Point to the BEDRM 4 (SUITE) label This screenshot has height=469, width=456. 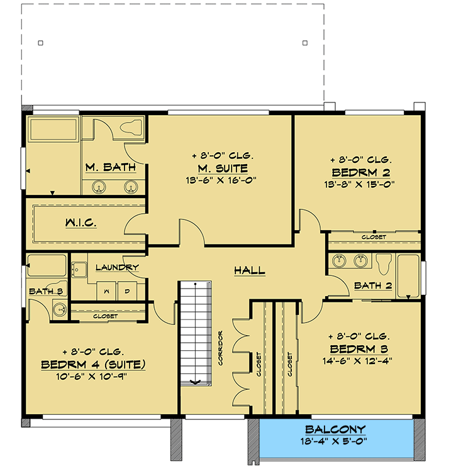point(93,364)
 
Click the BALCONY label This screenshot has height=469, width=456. point(335,429)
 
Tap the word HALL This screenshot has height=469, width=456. point(249,271)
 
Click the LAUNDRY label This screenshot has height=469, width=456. point(117,267)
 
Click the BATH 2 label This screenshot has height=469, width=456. point(373,285)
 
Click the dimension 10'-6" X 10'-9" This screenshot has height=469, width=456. point(93,376)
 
